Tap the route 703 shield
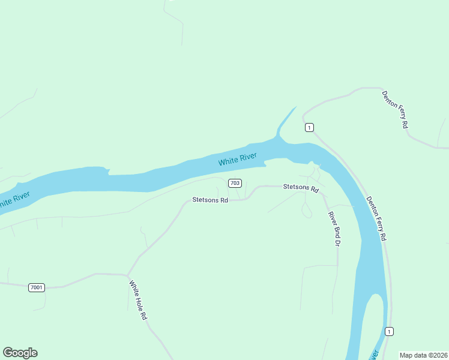click(235, 183)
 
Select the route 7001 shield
click(36, 287)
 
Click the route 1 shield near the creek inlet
click(309, 127)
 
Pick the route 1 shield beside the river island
click(390, 331)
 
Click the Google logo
click(20, 353)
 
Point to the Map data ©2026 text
click(424, 355)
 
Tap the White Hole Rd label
click(137, 299)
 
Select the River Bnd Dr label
click(334, 229)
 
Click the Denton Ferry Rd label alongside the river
click(376, 219)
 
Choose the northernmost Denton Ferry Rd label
click(395, 109)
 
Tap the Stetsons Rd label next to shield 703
click(210, 200)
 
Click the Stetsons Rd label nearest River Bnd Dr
click(300, 187)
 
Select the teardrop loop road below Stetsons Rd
click(306, 210)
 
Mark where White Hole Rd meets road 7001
click(127, 275)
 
